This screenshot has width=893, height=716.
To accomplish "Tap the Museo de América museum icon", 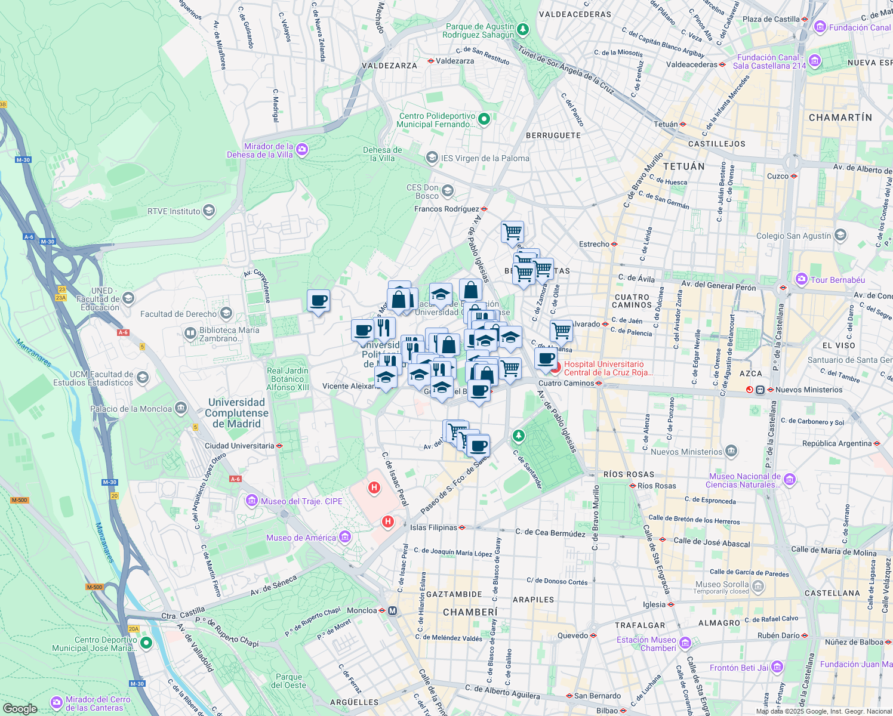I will click(x=345, y=538).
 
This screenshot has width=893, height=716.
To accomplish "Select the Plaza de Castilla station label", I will click(x=771, y=19).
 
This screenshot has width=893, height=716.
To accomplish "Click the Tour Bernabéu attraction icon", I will click(x=802, y=279).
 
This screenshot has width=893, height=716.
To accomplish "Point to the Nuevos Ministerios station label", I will click(x=809, y=390).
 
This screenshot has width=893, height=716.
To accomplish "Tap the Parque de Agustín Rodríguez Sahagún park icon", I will click(x=523, y=29).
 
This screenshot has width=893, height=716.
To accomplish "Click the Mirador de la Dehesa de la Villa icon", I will click(x=302, y=149).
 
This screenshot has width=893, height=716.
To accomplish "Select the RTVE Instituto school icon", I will click(x=209, y=211).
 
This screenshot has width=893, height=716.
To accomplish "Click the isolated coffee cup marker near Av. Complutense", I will click(x=319, y=301).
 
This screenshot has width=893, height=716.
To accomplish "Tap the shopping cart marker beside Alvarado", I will click(x=561, y=331).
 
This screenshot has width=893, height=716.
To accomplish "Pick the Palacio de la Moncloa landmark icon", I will click(x=181, y=409).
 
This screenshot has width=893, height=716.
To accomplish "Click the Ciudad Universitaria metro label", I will click(x=239, y=446).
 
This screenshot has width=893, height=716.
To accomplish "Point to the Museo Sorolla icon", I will click(x=757, y=587).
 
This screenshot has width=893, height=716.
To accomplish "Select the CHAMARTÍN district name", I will click(x=840, y=118).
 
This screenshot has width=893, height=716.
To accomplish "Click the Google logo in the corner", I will click(x=20, y=708).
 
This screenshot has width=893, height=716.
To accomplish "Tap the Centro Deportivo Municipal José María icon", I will click(x=146, y=643).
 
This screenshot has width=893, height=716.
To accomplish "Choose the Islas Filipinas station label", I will click(x=433, y=527).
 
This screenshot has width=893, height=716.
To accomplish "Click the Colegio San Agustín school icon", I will click(x=840, y=235).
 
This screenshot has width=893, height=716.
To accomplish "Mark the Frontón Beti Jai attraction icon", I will click(x=777, y=667).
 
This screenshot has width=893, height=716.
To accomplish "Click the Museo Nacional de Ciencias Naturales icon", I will click(x=790, y=480).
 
